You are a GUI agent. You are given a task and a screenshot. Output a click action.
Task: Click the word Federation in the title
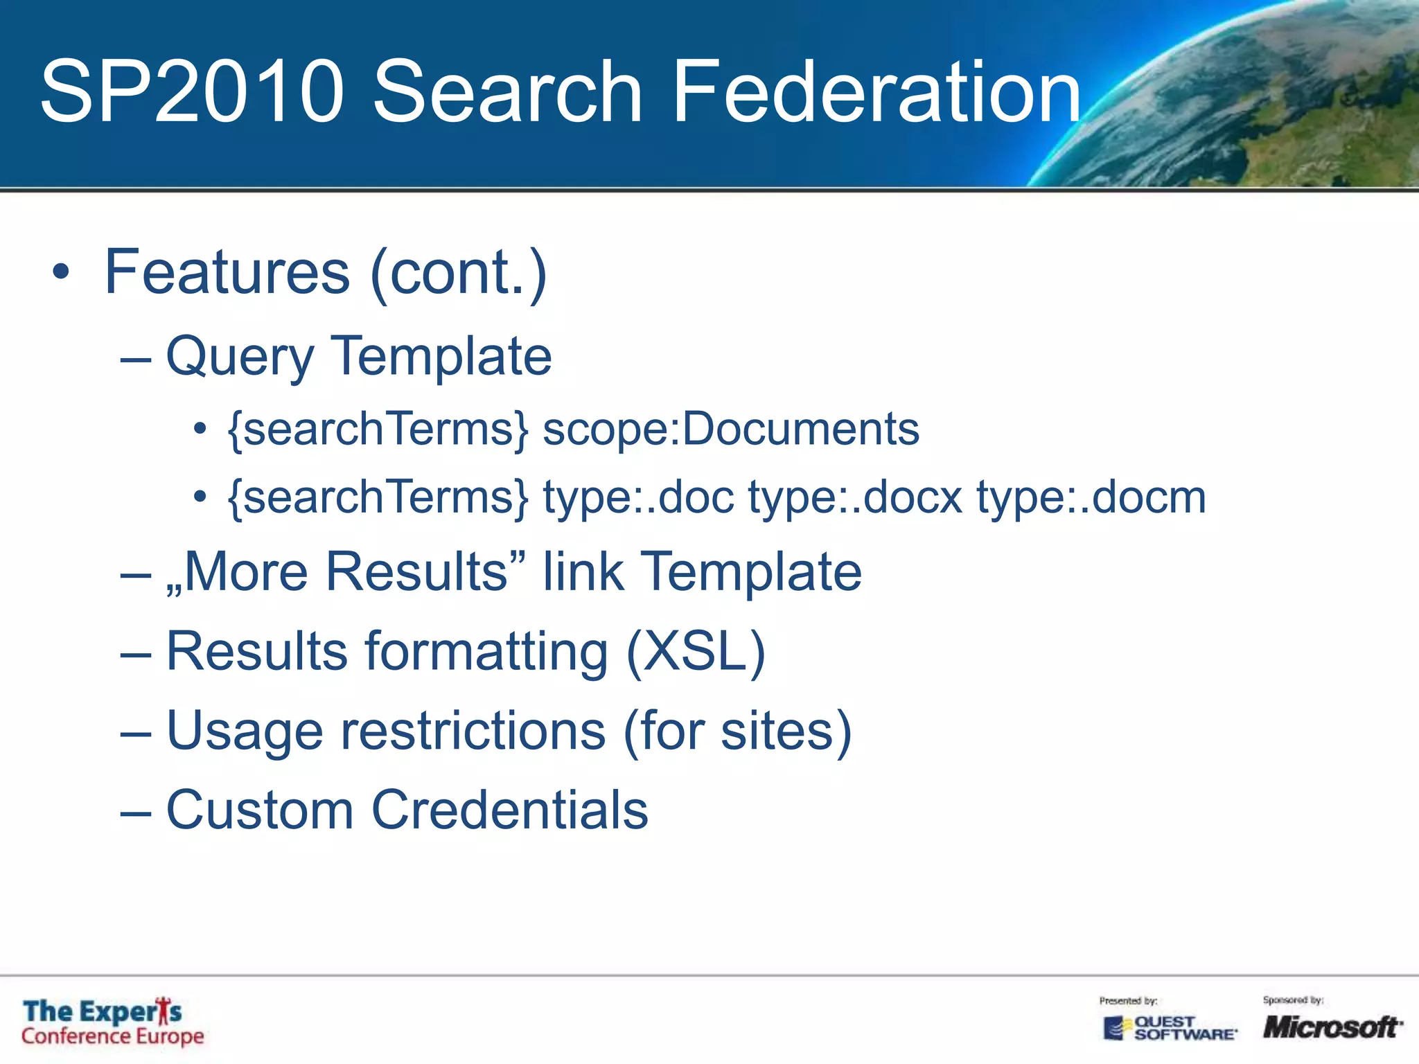[876, 91]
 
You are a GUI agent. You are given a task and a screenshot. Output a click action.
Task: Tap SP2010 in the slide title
[192, 91]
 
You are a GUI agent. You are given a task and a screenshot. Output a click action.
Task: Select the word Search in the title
[508, 91]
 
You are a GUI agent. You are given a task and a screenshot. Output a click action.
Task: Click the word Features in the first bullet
[227, 272]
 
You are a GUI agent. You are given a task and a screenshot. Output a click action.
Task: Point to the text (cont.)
[459, 274]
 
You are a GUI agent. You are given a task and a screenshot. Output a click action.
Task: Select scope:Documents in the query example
[731, 429]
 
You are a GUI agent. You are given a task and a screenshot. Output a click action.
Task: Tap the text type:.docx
[855, 497]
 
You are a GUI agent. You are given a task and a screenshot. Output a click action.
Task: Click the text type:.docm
[1091, 497]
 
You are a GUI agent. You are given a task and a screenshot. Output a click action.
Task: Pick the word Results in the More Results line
[417, 571]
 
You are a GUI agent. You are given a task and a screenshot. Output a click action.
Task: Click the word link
[583, 571]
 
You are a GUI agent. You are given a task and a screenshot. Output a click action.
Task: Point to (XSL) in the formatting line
[696, 651]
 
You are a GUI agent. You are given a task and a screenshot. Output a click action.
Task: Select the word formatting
[486, 653]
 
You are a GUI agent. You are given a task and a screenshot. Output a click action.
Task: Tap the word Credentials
[510, 810]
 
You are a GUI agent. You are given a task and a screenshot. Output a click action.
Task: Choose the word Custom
[260, 810]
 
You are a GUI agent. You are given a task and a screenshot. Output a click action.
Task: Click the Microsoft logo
[1332, 1027]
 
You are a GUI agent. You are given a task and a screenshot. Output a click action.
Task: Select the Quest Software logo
[1170, 1028]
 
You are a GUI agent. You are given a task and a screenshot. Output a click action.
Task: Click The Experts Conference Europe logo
[113, 1022]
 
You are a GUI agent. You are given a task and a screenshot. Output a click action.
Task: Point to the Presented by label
[1128, 1000]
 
